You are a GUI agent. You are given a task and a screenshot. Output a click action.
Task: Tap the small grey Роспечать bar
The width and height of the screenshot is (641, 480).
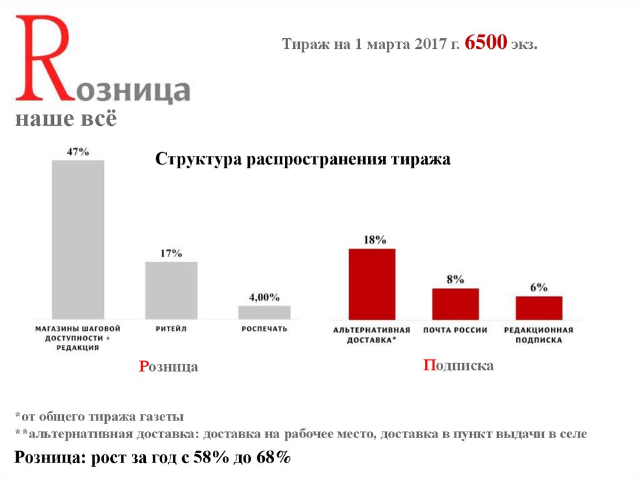[x=264, y=312]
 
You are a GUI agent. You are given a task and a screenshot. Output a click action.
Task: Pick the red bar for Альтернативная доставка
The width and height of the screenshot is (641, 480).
[x=372, y=284]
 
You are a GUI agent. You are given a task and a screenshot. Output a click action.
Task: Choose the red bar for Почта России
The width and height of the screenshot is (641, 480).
[x=455, y=304]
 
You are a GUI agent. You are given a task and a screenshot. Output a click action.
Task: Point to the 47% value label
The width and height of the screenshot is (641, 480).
[x=78, y=152]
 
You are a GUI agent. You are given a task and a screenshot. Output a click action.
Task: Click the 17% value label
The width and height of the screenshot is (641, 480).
[x=171, y=253]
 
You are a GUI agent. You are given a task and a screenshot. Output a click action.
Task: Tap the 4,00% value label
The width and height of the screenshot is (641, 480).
[x=264, y=297]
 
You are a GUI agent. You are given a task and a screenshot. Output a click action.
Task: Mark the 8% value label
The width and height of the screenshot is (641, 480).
[x=455, y=280]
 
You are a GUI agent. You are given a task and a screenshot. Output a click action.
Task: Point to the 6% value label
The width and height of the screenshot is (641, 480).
[x=539, y=287]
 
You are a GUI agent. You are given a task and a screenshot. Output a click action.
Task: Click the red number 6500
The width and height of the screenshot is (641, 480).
[x=486, y=44]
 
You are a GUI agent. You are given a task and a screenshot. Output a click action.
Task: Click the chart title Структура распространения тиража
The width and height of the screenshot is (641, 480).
[x=302, y=160]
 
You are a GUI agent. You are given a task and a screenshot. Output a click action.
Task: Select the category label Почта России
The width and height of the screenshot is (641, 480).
[x=455, y=330]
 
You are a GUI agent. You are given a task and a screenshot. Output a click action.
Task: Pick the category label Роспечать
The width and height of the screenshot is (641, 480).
[x=264, y=329]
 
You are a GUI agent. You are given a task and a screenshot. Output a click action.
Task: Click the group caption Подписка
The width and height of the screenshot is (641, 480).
[x=458, y=365]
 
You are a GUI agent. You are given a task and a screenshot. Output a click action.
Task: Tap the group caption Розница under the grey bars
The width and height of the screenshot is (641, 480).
[x=168, y=367]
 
